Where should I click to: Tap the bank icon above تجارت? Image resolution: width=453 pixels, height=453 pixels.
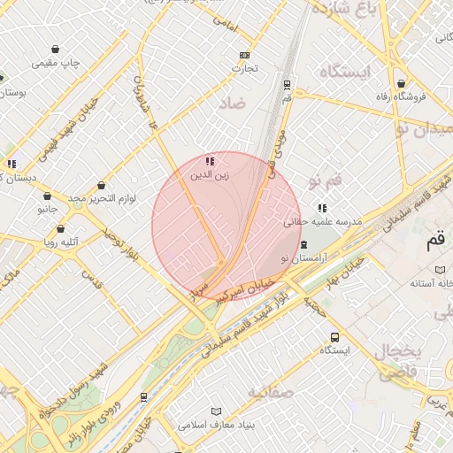[x=244, y=54]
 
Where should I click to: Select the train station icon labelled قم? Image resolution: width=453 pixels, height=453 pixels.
[x=287, y=85]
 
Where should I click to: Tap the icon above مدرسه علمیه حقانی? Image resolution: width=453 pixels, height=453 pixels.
[x=321, y=209]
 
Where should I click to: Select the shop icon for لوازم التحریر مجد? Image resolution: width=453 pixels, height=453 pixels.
[x=103, y=186]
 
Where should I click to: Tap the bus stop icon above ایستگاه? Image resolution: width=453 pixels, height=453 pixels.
[x=334, y=337]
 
